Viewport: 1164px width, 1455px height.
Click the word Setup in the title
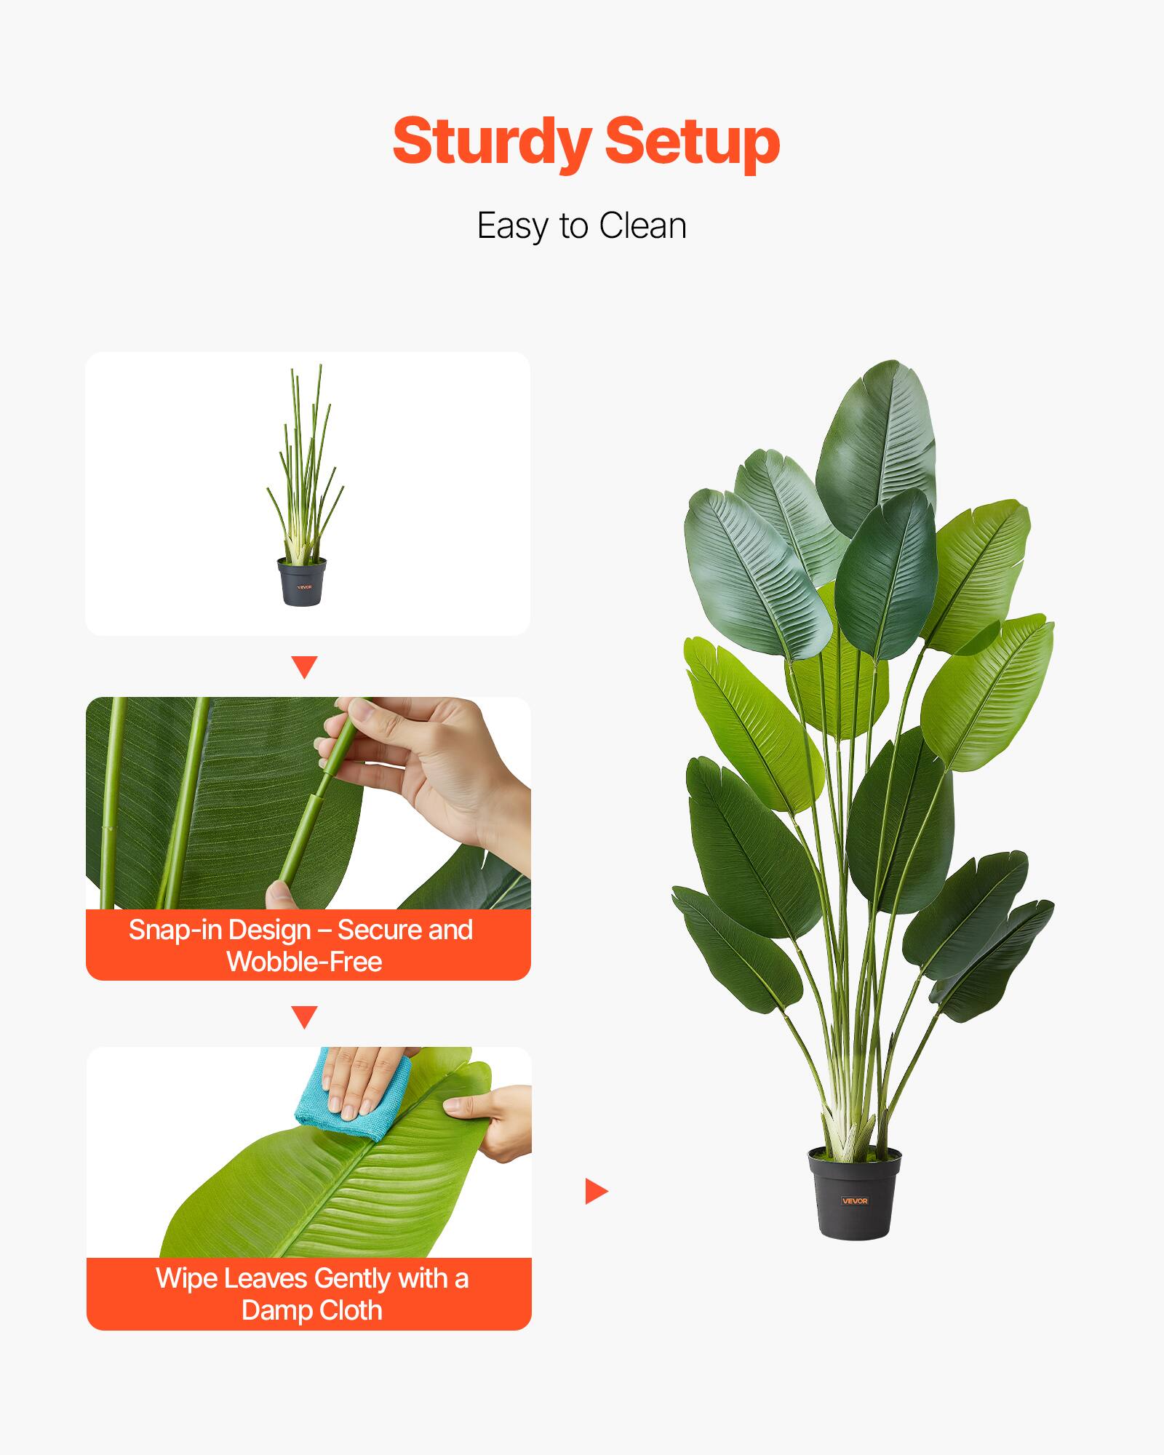tap(692, 143)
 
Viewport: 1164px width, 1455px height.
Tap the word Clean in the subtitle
tap(643, 226)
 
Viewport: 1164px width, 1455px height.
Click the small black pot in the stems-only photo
tap(302, 581)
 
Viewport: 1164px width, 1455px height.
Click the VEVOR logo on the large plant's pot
tap(855, 1201)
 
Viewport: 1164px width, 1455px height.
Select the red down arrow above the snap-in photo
tap(304, 667)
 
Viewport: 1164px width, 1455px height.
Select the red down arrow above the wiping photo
tap(304, 1016)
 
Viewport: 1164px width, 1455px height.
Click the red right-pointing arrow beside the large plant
tap(595, 1191)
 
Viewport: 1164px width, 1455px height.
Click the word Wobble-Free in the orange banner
tap(304, 962)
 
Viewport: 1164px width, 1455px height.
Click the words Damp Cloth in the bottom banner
tap(311, 1310)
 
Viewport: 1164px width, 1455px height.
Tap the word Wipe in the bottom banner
tap(186, 1278)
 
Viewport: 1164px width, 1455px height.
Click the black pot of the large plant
tap(854, 1193)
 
